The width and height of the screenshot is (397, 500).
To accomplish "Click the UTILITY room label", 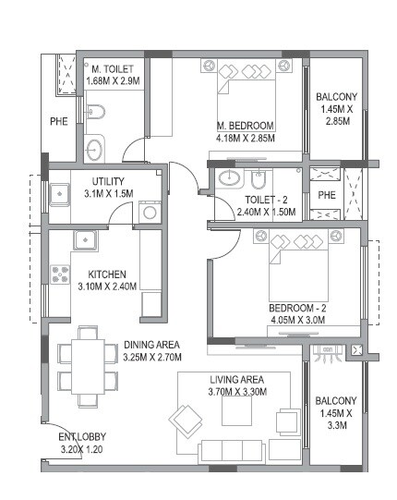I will (x=109, y=181).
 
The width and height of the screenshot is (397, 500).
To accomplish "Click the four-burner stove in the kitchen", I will (x=61, y=274).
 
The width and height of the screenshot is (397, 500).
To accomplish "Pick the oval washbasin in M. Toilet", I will (x=94, y=148).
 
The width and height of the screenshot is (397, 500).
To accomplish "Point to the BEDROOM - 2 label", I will (x=297, y=308).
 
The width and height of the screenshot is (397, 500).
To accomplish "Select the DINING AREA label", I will (x=151, y=345).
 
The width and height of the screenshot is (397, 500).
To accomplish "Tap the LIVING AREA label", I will (x=236, y=379).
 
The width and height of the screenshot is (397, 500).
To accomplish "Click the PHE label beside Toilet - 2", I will (x=327, y=195).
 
